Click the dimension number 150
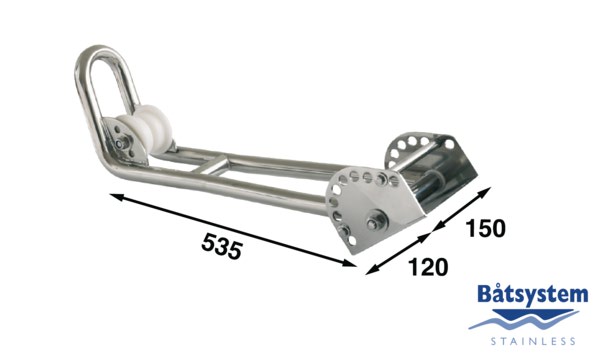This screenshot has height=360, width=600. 486,228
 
